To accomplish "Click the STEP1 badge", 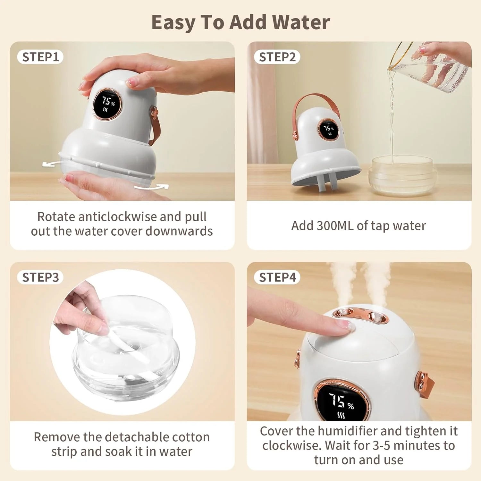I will tap(40, 57).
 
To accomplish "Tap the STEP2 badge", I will tap(277, 57).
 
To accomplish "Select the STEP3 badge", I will tap(40, 277).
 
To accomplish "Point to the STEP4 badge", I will tap(277, 277).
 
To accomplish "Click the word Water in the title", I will tap(302, 22).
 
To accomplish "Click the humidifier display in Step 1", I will tap(107, 104).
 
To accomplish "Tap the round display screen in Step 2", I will tap(328, 130).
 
